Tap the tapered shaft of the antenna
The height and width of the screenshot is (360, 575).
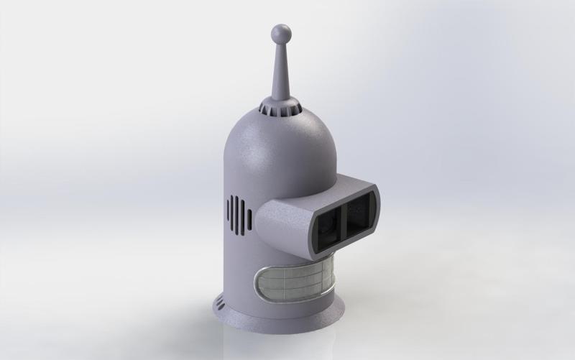click(x=279, y=72)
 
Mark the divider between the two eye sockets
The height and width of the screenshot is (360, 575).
click(x=344, y=216)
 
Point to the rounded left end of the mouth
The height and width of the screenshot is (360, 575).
click(x=261, y=282)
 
